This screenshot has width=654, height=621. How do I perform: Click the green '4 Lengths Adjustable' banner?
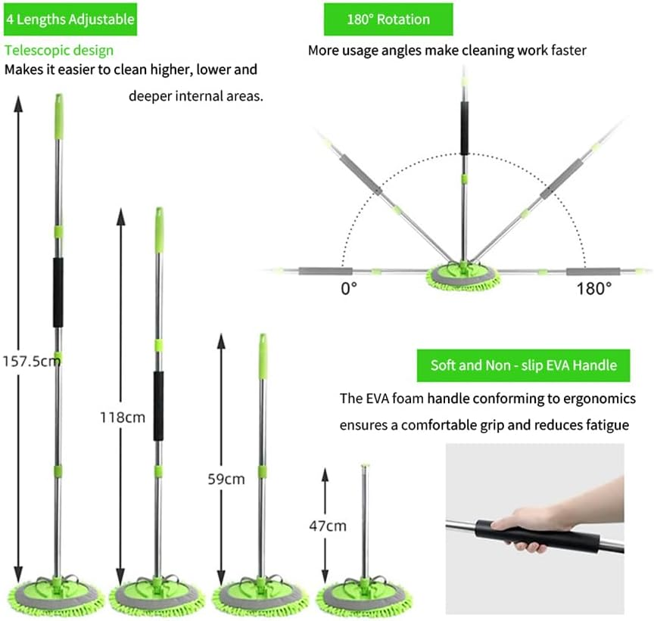pyautogui.click(x=70, y=19)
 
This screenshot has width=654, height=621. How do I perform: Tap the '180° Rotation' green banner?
pyautogui.click(x=388, y=19)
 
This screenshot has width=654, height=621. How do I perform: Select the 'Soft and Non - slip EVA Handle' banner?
pyautogui.click(x=524, y=365)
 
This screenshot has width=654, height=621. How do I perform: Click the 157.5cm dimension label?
pyautogui.click(x=32, y=361)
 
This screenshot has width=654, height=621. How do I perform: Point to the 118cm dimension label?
pyautogui.click(x=123, y=418)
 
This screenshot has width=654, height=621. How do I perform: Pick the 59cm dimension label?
pyautogui.click(x=226, y=480)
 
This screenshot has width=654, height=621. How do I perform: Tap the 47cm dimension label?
pyautogui.click(x=328, y=526)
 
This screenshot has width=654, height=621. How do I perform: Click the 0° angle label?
pyautogui.click(x=349, y=288)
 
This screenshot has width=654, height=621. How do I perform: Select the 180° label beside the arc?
pyautogui.click(x=594, y=288)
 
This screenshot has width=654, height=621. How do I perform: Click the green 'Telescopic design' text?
pyautogui.click(x=59, y=51)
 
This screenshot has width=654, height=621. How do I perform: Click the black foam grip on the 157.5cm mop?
pyautogui.click(x=58, y=292)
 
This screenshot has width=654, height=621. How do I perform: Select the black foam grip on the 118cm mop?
pyautogui.click(x=158, y=406)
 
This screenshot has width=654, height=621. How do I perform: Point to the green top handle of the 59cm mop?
pyautogui.click(x=263, y=357)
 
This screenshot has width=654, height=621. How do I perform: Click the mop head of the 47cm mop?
pyautogui.click(x=363, y=597)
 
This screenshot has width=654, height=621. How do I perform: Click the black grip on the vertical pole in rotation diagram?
pyautogui.click(x=464, y=128)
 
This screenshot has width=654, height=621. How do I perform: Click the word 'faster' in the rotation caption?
pyautogui.click(x=569, y=51)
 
